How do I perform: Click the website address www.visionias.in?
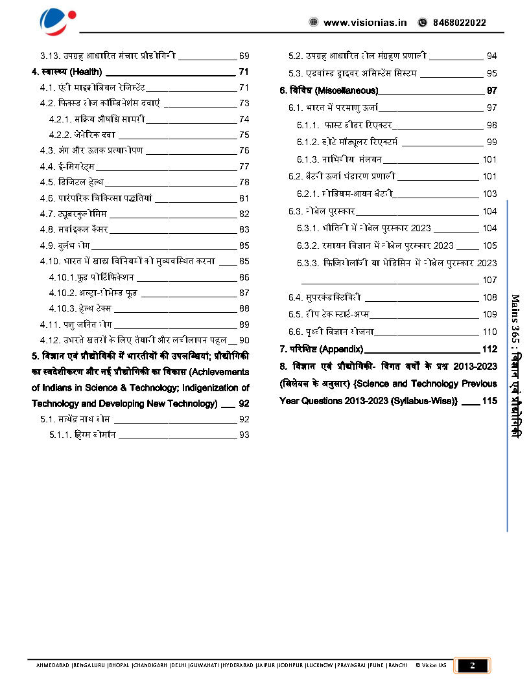[x=365, y=23]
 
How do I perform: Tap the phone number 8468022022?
[x=458, y=23]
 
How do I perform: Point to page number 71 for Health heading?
[x=244, y=71]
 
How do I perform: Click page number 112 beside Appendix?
[x=489, y=349]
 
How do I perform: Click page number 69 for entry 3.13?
[x=244, y=56]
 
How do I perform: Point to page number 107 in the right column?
[x=489, y=280]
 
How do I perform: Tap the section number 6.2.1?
[x=309, y=194]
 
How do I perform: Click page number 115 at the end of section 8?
[x=489, y=401]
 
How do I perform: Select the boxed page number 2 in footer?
[x=473, y=665]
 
